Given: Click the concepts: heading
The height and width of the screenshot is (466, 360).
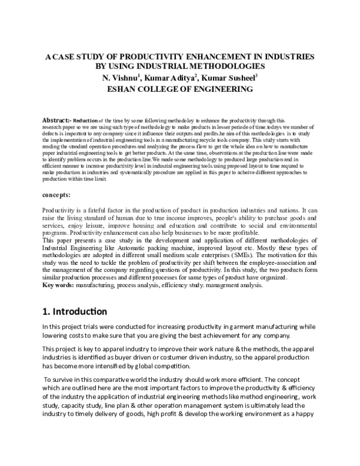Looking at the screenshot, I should coord(58,196).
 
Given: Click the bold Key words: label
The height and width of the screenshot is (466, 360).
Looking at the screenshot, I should coord(59,285).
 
